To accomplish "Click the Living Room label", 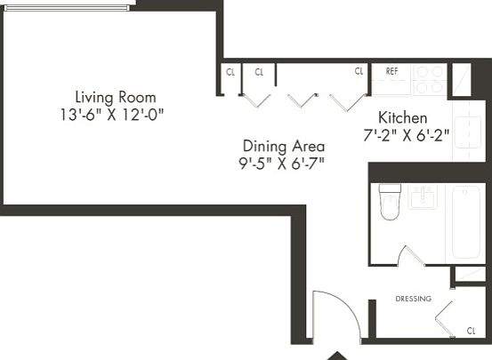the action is [x=116, y=97].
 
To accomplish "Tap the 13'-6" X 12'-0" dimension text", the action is [x=112, y=115].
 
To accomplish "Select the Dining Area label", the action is [x=284, y=147].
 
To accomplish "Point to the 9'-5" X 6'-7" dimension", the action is [x=281, y=164].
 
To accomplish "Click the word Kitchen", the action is [x=402, y=118].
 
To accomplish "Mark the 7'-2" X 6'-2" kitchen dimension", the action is [x=406, y=135].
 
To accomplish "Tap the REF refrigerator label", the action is [x=391, y=71].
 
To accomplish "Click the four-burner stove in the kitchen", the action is [x=430, y=80].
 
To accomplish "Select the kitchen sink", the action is [x=467, y=132].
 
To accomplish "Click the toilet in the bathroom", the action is [x=390, y=202].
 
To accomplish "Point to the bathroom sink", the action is [x=423, y=196].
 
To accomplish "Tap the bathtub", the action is [x=466, y=222].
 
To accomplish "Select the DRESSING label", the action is [x=413, y=299].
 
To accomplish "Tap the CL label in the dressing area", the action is [x=471, y=331].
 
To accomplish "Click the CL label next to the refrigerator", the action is [x=359, y=71].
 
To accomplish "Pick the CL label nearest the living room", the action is [x=230, y=72].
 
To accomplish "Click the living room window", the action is [x=67, y=8].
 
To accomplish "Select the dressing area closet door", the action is [x=444, y=319].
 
